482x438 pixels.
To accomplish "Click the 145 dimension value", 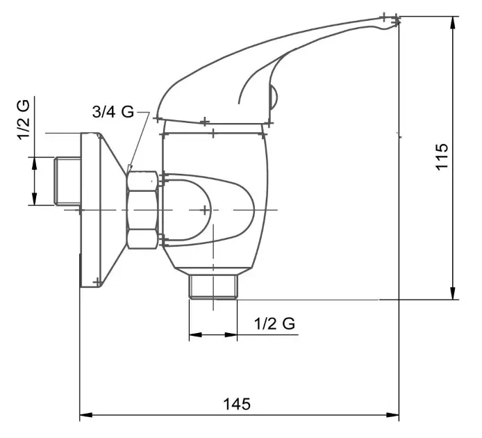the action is coord(237,404).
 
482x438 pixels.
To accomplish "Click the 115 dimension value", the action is coord(442,156).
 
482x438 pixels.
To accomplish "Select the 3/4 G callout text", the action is coord(113,112).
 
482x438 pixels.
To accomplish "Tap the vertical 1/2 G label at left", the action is coord(24,120).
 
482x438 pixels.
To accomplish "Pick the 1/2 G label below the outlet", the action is coord(274,323).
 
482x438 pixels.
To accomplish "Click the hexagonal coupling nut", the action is coord(142,210).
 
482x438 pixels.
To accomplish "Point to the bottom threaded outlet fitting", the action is coord(213,286).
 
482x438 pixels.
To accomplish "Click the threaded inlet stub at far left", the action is coord(67,181).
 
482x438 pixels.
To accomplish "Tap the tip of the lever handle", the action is coord(399,20).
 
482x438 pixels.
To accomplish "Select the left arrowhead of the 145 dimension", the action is coord(85,415).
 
